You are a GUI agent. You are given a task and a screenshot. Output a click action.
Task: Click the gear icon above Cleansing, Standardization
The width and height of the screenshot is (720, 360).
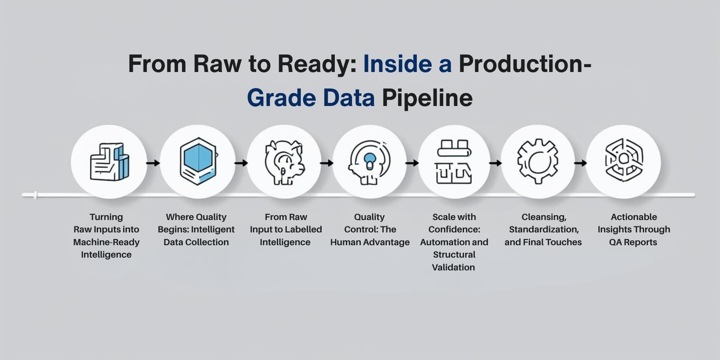538,162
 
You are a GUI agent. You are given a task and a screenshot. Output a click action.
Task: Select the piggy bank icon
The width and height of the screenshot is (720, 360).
284,162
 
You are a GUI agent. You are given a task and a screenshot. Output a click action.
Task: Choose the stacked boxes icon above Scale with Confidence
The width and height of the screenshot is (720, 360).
454,162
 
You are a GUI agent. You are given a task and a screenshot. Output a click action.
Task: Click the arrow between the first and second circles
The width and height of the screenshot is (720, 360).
153,163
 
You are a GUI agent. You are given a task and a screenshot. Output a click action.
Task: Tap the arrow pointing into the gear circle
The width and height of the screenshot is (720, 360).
495,163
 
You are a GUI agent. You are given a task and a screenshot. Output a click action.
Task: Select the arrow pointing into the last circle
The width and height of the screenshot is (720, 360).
580,163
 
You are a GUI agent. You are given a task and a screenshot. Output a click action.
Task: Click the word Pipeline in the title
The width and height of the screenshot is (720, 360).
427,98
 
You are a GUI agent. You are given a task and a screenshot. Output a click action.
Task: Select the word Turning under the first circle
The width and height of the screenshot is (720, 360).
106,217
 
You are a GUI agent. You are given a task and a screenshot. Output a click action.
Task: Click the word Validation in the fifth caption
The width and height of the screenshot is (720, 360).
453,267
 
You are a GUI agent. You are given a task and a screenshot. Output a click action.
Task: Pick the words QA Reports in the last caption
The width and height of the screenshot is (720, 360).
633,242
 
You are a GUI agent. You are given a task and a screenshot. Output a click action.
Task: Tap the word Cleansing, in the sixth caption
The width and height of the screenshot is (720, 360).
544,217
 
